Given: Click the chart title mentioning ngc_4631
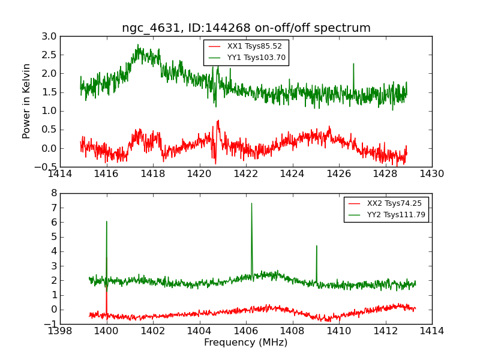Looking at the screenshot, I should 246,28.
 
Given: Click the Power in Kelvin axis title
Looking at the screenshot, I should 26,101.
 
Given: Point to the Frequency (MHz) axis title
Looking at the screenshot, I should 246,343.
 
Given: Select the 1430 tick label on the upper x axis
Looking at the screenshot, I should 431,174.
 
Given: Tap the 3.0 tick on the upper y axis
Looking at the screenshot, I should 50,37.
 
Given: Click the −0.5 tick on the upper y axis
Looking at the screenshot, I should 47,167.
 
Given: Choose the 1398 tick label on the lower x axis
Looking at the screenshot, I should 60,331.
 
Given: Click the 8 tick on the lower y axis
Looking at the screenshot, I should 53,193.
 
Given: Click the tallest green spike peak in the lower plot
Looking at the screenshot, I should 251,203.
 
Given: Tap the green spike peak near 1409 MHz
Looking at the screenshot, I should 316,245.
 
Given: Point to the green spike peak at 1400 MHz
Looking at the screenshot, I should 107,221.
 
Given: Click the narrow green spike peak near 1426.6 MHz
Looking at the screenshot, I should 353,64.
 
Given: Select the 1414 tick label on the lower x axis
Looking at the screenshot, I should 431,331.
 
